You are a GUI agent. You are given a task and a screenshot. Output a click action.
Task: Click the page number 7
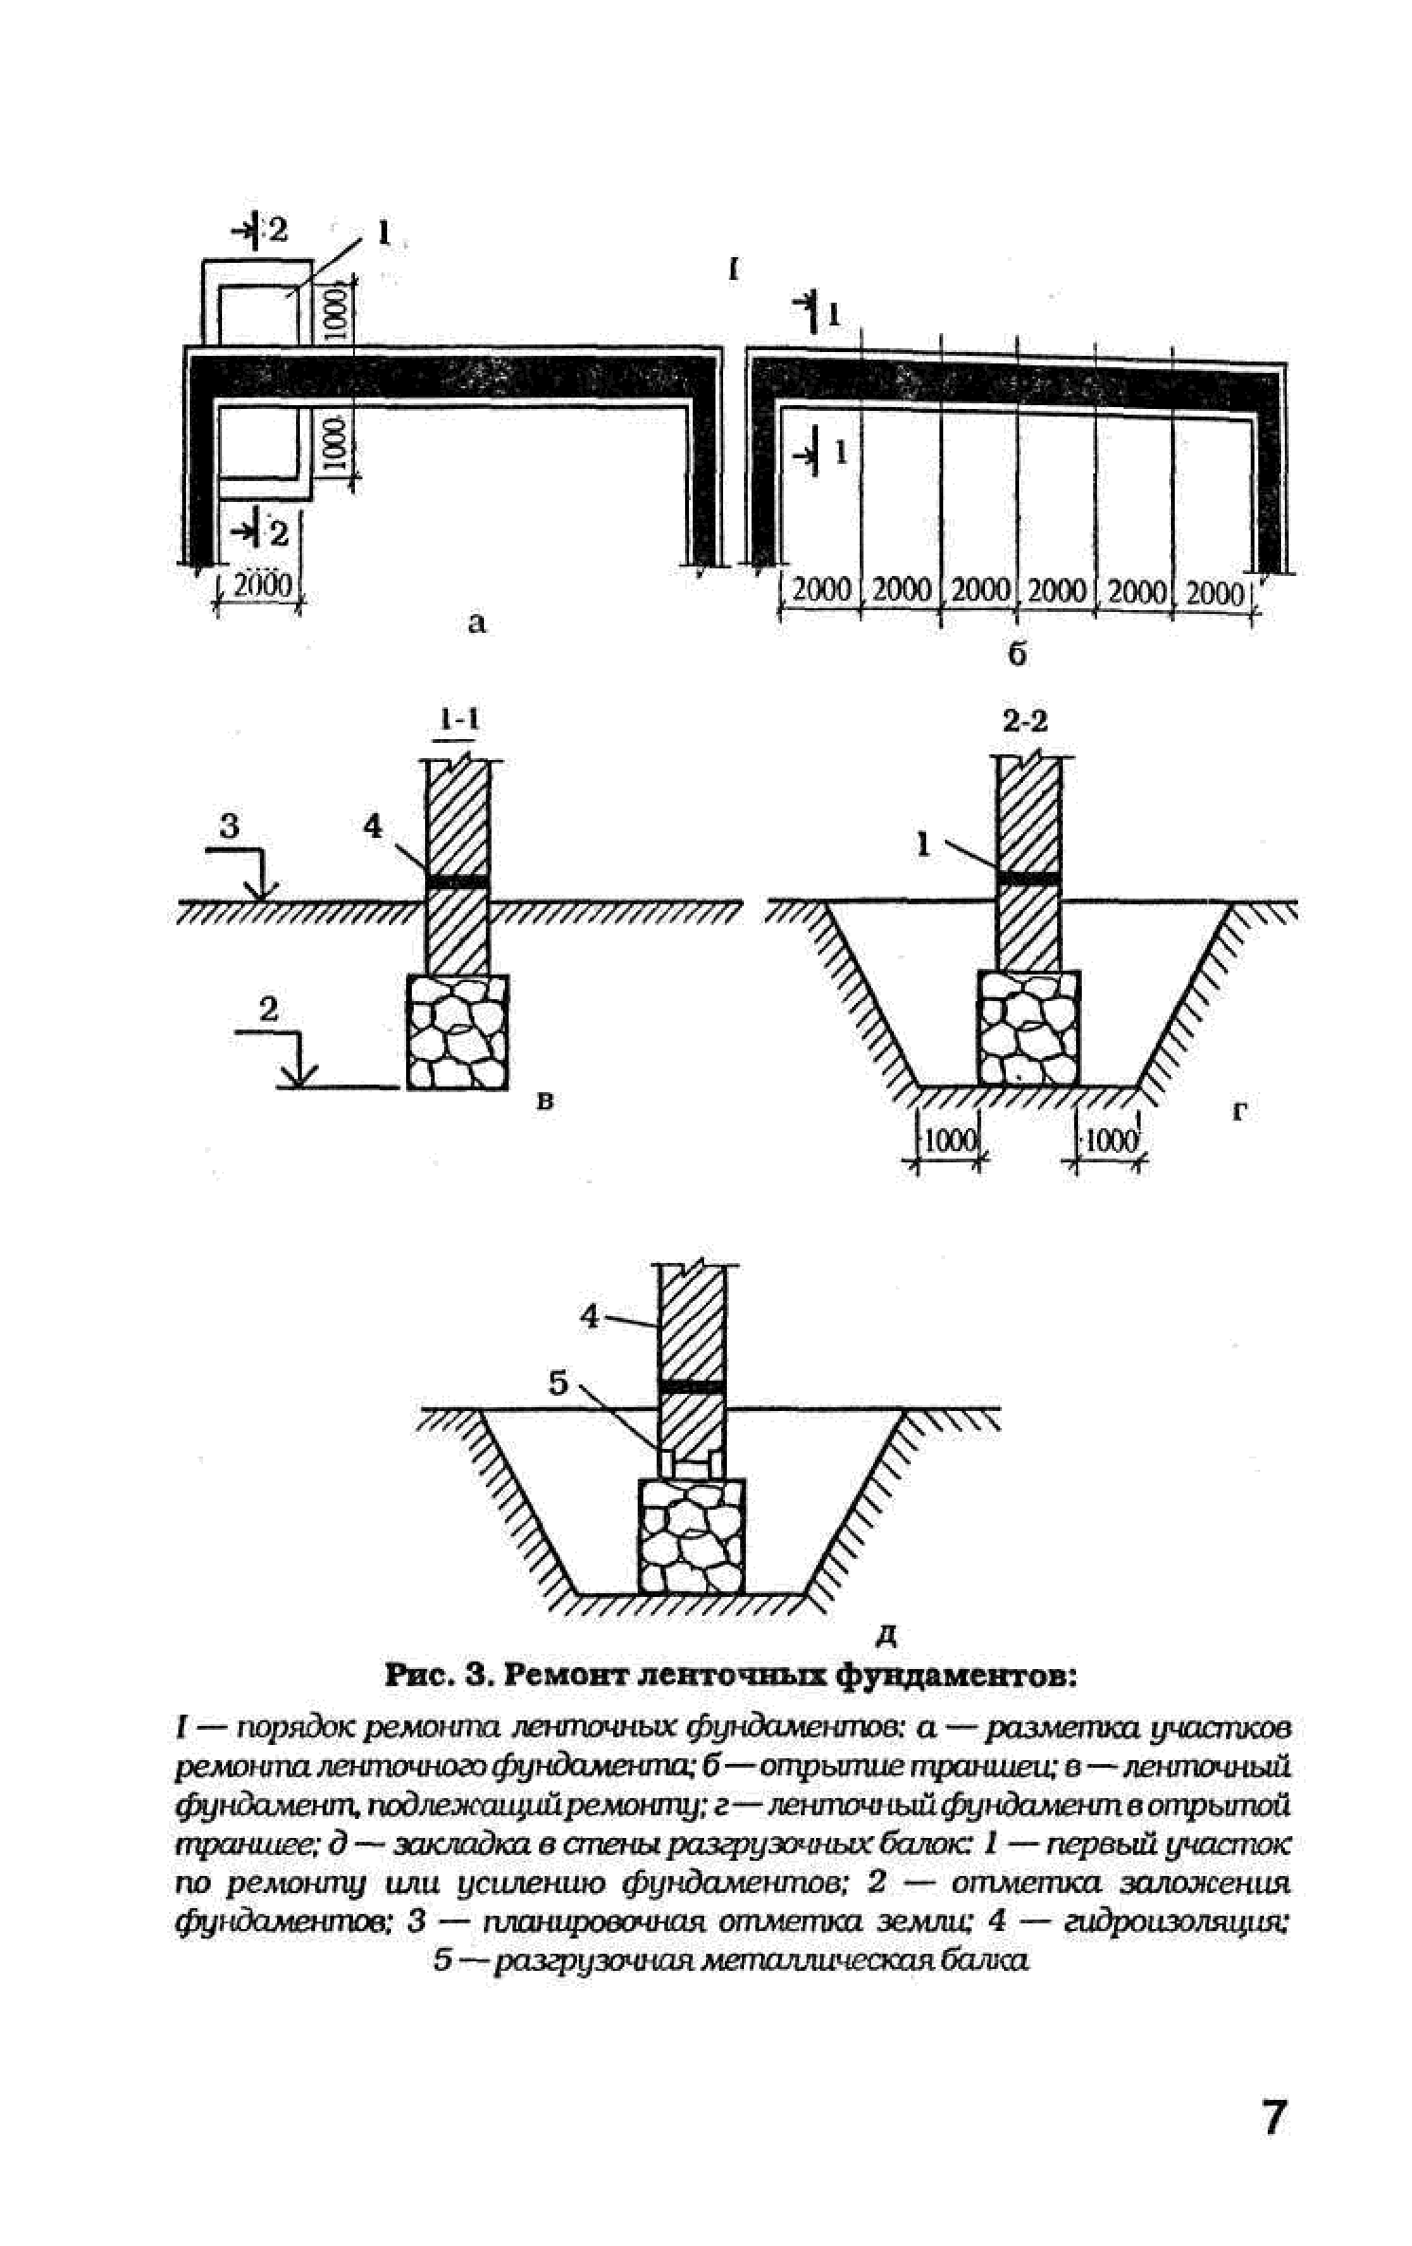(x=1273, y=2117)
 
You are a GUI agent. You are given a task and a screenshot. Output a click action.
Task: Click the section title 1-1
(x=457, y=720)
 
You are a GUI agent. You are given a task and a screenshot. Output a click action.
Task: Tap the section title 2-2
(x=1025, y=721)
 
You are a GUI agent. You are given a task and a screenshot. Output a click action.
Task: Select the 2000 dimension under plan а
(x=262, y=585)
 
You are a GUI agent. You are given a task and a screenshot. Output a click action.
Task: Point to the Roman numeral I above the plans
(x=733, y=269)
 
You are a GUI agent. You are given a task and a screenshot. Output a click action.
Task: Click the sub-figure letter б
(x=1016, y=654)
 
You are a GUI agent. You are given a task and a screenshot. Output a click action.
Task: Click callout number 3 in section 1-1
(x=231, y=826)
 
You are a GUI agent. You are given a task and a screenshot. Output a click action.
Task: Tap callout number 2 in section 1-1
(x=269, y=1009)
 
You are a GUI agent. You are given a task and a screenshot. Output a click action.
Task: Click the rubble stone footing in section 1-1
(x=456, y=1031)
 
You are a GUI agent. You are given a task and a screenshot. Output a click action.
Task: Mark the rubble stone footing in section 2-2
(x=1029, y=1028)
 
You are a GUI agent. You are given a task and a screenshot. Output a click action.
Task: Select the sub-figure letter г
(x=1238, y=1110)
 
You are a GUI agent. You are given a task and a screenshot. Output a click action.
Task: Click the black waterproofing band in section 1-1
(x=457, y=882)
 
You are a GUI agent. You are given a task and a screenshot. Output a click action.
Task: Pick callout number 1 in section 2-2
(x=923, y=844)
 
